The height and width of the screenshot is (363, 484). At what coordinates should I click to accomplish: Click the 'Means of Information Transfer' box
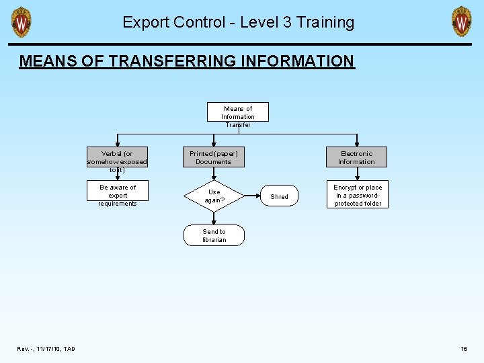tap(238, 112)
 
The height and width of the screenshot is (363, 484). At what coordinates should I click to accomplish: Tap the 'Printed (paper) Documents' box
tap(214, 158)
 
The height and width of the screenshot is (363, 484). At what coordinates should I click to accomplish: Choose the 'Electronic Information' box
tap(356, 158)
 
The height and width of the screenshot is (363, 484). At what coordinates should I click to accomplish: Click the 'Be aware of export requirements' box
tap(118, 195)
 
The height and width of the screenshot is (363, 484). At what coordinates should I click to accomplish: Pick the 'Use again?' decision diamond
tap(214, 196)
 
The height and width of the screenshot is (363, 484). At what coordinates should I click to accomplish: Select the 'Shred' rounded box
tap(279, 196)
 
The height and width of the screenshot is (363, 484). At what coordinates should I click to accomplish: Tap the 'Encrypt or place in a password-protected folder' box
tap(358, 195)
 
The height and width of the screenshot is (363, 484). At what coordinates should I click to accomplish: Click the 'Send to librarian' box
tap(214, 235)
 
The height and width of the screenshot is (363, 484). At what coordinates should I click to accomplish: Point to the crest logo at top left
tap(22, 22)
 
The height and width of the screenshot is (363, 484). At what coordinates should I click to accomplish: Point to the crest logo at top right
tap(461, 22)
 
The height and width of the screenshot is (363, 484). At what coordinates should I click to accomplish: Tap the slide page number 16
tap(464, 349)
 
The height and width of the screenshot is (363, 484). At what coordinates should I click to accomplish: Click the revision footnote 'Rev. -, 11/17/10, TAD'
tap(46, 349)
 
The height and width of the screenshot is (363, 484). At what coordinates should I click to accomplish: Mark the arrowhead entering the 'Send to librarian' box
tap(214, 223)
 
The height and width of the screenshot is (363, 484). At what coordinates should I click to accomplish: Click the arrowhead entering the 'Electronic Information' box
tap(356, 145)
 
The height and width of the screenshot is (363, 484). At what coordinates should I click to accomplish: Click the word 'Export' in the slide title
tap(145, 22)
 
